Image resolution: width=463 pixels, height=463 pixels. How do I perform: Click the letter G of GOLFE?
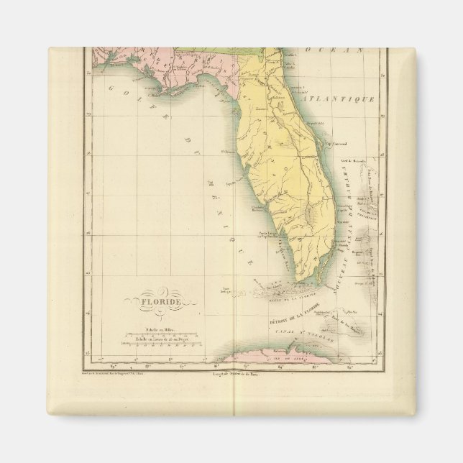click(112, 87)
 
